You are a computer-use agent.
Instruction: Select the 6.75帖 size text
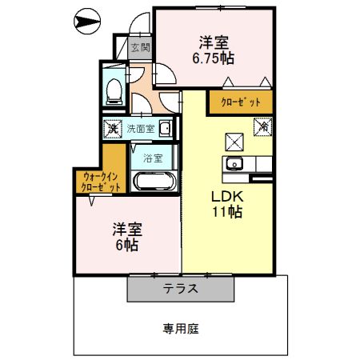pos(212,58)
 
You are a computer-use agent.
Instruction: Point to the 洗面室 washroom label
pos(139,129)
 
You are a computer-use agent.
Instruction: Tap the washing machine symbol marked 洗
pos(114,129)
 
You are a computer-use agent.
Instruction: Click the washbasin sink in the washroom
pos(164,129)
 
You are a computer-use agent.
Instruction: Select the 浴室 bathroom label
pos(152,158)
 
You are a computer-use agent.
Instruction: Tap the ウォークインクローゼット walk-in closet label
pos(101,181)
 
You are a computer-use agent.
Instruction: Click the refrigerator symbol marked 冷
pos(263,126)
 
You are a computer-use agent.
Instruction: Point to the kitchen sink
pos(234,164)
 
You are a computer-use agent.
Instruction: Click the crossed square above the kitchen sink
pos(234,142)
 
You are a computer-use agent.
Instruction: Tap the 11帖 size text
pos(226,213)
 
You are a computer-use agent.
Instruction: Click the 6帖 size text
pos(126,246)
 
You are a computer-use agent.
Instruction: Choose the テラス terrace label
pos(181,289)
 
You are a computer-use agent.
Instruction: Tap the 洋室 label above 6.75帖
pos(212,42)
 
